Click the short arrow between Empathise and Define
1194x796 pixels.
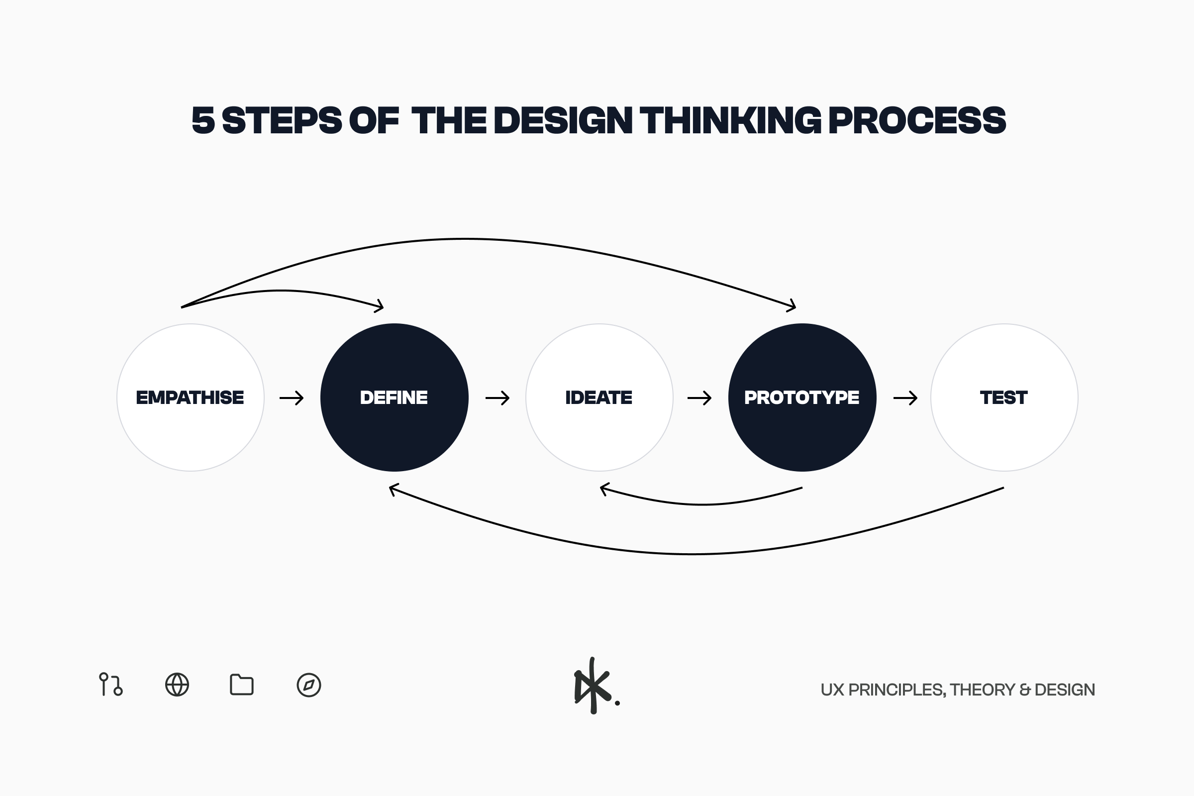pyautogui.click(x=292, y=398)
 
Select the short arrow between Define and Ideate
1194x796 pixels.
pyautogui.click(x=497, y=398)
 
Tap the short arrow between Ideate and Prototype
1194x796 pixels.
pyautogui.click(x=699, y=398)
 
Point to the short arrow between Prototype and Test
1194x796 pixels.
pyautogui.click(x=905, y=398)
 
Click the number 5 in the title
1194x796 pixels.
pyautogui.click(x=203, y=120)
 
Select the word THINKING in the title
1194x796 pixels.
pyautogui.click(x=730, y=120)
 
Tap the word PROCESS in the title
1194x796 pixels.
pyautogui.click(x=917, y=120)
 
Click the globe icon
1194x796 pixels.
pyautogui.click(x=177, y=685)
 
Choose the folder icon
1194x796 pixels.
pyautogui.click(x=242, y=685)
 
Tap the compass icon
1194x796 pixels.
pyautogui.click(x=308, y=685)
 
